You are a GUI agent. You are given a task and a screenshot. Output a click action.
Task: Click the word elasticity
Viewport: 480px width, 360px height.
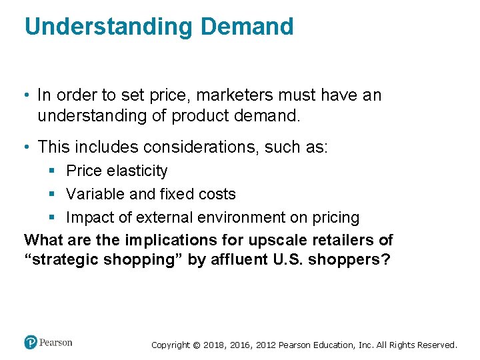pos(137,171)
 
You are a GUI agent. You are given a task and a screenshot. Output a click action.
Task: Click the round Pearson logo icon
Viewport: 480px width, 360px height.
pos(31,343)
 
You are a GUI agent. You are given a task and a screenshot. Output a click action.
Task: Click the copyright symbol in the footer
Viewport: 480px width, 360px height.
pos(195,345)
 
